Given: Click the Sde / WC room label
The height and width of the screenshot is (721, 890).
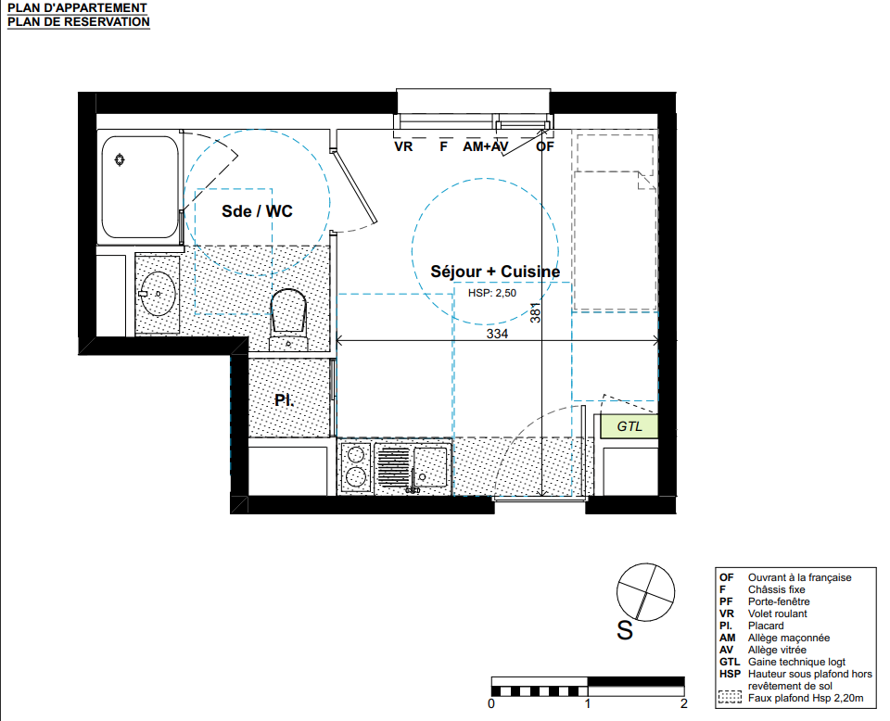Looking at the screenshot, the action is pyautogui.click(x=257, y=211).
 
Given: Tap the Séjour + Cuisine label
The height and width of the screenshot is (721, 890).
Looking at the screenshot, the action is pyautogui.click(x=495, y=272).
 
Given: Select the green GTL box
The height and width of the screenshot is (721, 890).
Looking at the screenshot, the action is pyautogui.click(x=629, y=426).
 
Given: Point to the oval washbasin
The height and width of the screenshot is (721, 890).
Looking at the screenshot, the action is pyautogui.click(x=158, y=294).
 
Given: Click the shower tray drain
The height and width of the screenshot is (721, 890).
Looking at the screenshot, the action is pyautogui.click(x=120, y=160).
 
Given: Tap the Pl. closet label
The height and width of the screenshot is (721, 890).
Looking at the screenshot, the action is pyautogui.click(x=284, y=400).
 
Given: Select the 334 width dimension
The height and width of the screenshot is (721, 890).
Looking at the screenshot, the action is pyautogui.click(x=497, y=334).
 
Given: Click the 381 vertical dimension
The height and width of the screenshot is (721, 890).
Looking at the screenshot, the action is pyautogui.click(x=535, y=313).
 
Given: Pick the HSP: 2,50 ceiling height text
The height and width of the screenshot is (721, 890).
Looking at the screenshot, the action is pyautogui.click(x=492, y=293).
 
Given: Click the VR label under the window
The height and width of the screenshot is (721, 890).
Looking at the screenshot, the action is pyautogui.click(x=403, y=147).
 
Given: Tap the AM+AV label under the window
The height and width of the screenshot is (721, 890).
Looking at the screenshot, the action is pyautogui.click(x=485, y=147).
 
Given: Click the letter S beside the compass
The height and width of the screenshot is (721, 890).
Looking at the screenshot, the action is pyautogui.click(x=625, y=631).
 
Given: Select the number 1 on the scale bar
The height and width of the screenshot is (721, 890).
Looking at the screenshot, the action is pyautogui.click(x=588, y=704).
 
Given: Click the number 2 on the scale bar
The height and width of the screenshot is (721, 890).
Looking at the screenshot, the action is pyautogui.click(x=684, y=704).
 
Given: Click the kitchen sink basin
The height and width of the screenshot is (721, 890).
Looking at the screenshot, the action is pyautogui.click(x=430, y=467).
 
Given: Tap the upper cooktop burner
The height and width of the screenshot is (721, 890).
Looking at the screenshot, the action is pyautogui.click(x=356, y=456).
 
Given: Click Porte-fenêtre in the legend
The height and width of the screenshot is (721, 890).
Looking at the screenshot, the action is pyautogui.click(x=779, y=601).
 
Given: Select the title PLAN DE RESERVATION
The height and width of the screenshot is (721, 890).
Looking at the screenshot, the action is pyautogui.click(x=78, y=22).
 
